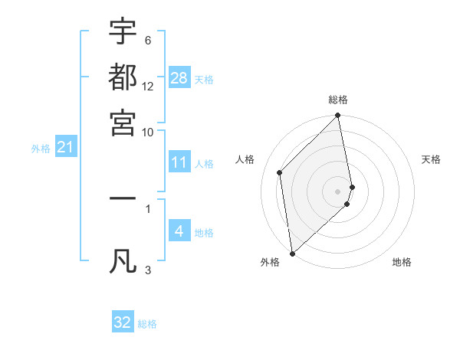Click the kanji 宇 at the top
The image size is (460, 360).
point(123,32)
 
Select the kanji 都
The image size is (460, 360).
point(123,77)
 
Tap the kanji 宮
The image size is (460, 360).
point(123,123)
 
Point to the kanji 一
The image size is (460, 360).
point(123,198)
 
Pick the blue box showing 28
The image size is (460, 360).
point(179,77)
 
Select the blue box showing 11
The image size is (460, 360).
point(179,162)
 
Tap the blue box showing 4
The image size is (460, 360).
point(179,231)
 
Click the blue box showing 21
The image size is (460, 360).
point(65,147)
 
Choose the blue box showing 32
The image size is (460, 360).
point(123,322)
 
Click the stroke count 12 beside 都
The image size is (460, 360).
point(148,87)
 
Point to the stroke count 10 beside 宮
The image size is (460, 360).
point(148,132)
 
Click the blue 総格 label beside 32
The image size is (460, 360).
point(147,324)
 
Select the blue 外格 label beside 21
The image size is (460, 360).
point(41,149)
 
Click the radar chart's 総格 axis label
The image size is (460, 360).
point(338,100)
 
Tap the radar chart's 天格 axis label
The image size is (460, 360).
point(432,159)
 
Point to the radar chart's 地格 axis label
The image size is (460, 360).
point(402,262)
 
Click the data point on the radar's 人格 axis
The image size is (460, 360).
point(280,172)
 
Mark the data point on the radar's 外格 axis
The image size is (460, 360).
point(292,253)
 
